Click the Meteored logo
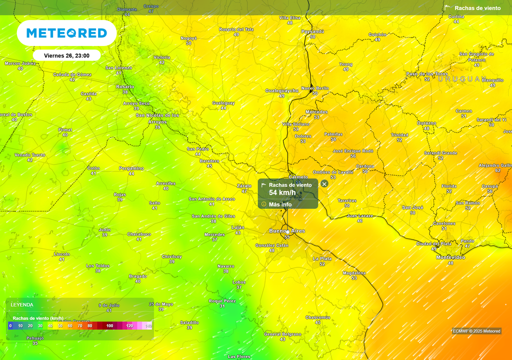click(x=66, y=33)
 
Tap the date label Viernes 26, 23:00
click(x=66, y=55)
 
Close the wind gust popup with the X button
click(x=324, y=184)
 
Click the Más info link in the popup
click(x=280, y=204)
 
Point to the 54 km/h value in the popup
click(x=282, y=192)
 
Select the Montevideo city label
click(x=450, y=257)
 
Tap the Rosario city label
click(x=125, y=86)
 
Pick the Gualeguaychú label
click(x=281, y=90)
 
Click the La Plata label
click(x=322, y=258)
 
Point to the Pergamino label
click(x=131, y=168)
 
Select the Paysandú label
click(x=312, y=31)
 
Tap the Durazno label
click(x=426, y=123)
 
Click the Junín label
click(x=104, y=229)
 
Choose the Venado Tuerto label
click(x=30, y=155)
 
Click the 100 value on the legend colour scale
click(x=110, y=326)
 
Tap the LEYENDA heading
click(x=22, y=304)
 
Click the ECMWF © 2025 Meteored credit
click(x=476, y=331)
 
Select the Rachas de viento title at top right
click(x=477, y=8)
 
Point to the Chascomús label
click(x=318, y=317)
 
